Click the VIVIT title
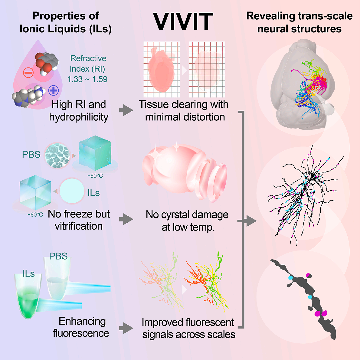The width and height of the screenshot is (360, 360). (183, 21)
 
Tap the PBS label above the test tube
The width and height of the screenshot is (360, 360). (58, 256)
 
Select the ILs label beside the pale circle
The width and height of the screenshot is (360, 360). (93, 193)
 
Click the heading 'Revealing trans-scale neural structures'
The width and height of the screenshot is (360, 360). (299, 22)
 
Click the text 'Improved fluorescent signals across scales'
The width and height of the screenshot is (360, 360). (189, 328)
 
